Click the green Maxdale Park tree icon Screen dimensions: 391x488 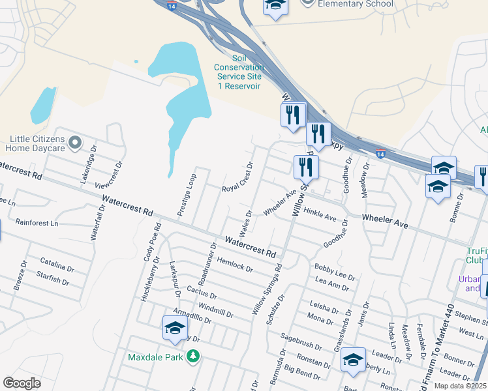pyautogui.click(x=192, y=356)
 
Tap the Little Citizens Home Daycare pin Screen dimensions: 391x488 pyautogui.click(x=75, y=141)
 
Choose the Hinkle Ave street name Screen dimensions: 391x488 pyautogui.click(x=320, y=212)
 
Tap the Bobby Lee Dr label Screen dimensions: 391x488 pyautogui.click(x=334, y=272)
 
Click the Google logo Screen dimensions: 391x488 pyautogui.click(x=22, y=383)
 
